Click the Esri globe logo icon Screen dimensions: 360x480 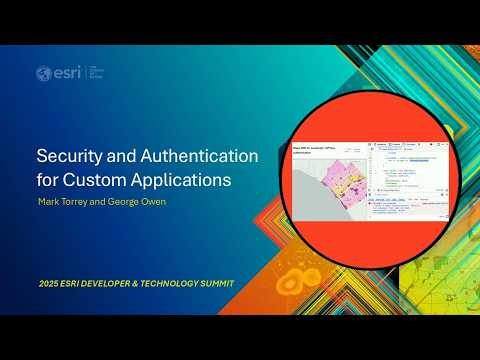pos(43,73)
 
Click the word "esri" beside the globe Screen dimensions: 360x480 pos(62,73)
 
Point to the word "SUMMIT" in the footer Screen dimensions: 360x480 pos(221,284)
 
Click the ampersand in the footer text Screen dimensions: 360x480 pos(146,284)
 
